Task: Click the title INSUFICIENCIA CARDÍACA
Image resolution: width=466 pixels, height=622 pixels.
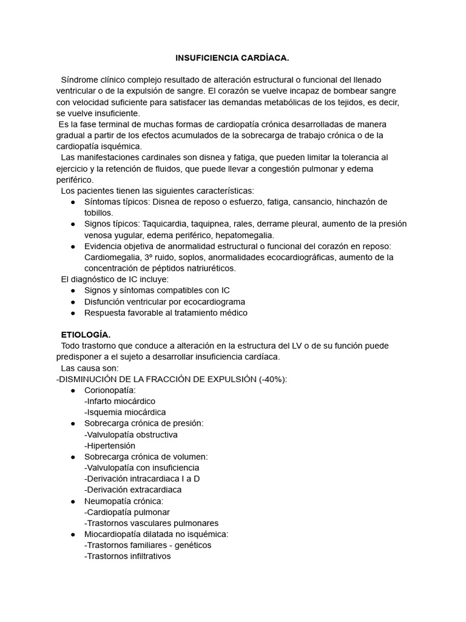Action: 232,58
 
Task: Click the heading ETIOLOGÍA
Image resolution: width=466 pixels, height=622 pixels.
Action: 86,335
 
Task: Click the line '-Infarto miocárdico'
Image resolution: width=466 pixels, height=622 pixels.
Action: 120,401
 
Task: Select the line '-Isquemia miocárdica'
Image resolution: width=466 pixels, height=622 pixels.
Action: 125,412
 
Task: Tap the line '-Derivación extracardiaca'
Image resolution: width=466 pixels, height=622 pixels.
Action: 133,490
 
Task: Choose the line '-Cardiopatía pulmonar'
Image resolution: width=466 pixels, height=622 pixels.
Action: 127,512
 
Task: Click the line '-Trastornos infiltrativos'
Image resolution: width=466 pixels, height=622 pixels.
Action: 127,556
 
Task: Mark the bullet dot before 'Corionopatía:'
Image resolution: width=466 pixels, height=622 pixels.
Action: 73,390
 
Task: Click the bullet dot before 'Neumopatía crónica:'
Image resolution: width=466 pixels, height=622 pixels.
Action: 73,501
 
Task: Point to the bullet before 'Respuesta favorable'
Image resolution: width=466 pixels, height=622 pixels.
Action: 73,313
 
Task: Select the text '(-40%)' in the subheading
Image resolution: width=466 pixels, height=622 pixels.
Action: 272,379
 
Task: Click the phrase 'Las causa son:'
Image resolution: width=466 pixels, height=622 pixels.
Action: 90,368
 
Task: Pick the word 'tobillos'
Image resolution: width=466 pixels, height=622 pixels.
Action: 98,213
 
